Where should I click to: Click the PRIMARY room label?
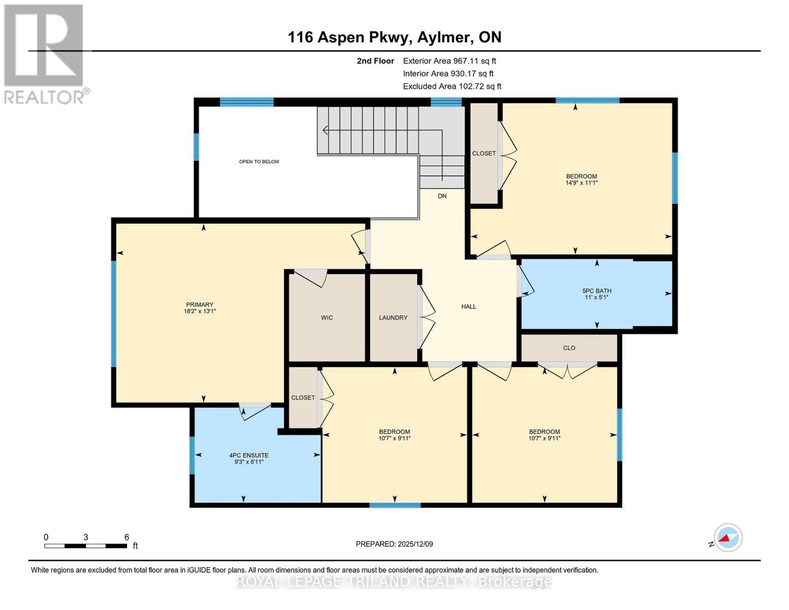coord(199,304)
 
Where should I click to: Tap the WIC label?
coord(327,318)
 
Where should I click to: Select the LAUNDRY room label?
coord(393,318)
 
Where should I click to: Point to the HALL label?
coord(468,307)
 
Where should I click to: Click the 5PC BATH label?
coord(596,291)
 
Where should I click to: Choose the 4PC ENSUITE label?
coord(248,455)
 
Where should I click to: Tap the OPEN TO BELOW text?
coord(259,162)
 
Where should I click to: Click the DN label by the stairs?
coord(442,196)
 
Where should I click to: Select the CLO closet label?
coord(569,348)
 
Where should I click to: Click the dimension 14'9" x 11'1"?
coord(581,183)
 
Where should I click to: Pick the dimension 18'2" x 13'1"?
coord(200,311)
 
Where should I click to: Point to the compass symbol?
coord(728,537)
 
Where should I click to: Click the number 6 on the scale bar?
coord(127,537)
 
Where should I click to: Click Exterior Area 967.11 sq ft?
coord(449,61)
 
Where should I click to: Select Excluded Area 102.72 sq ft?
coord(452,86)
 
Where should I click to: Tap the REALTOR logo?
coord(45,53)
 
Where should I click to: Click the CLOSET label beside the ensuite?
coord(303,398)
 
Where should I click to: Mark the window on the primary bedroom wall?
coord(114,313)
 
